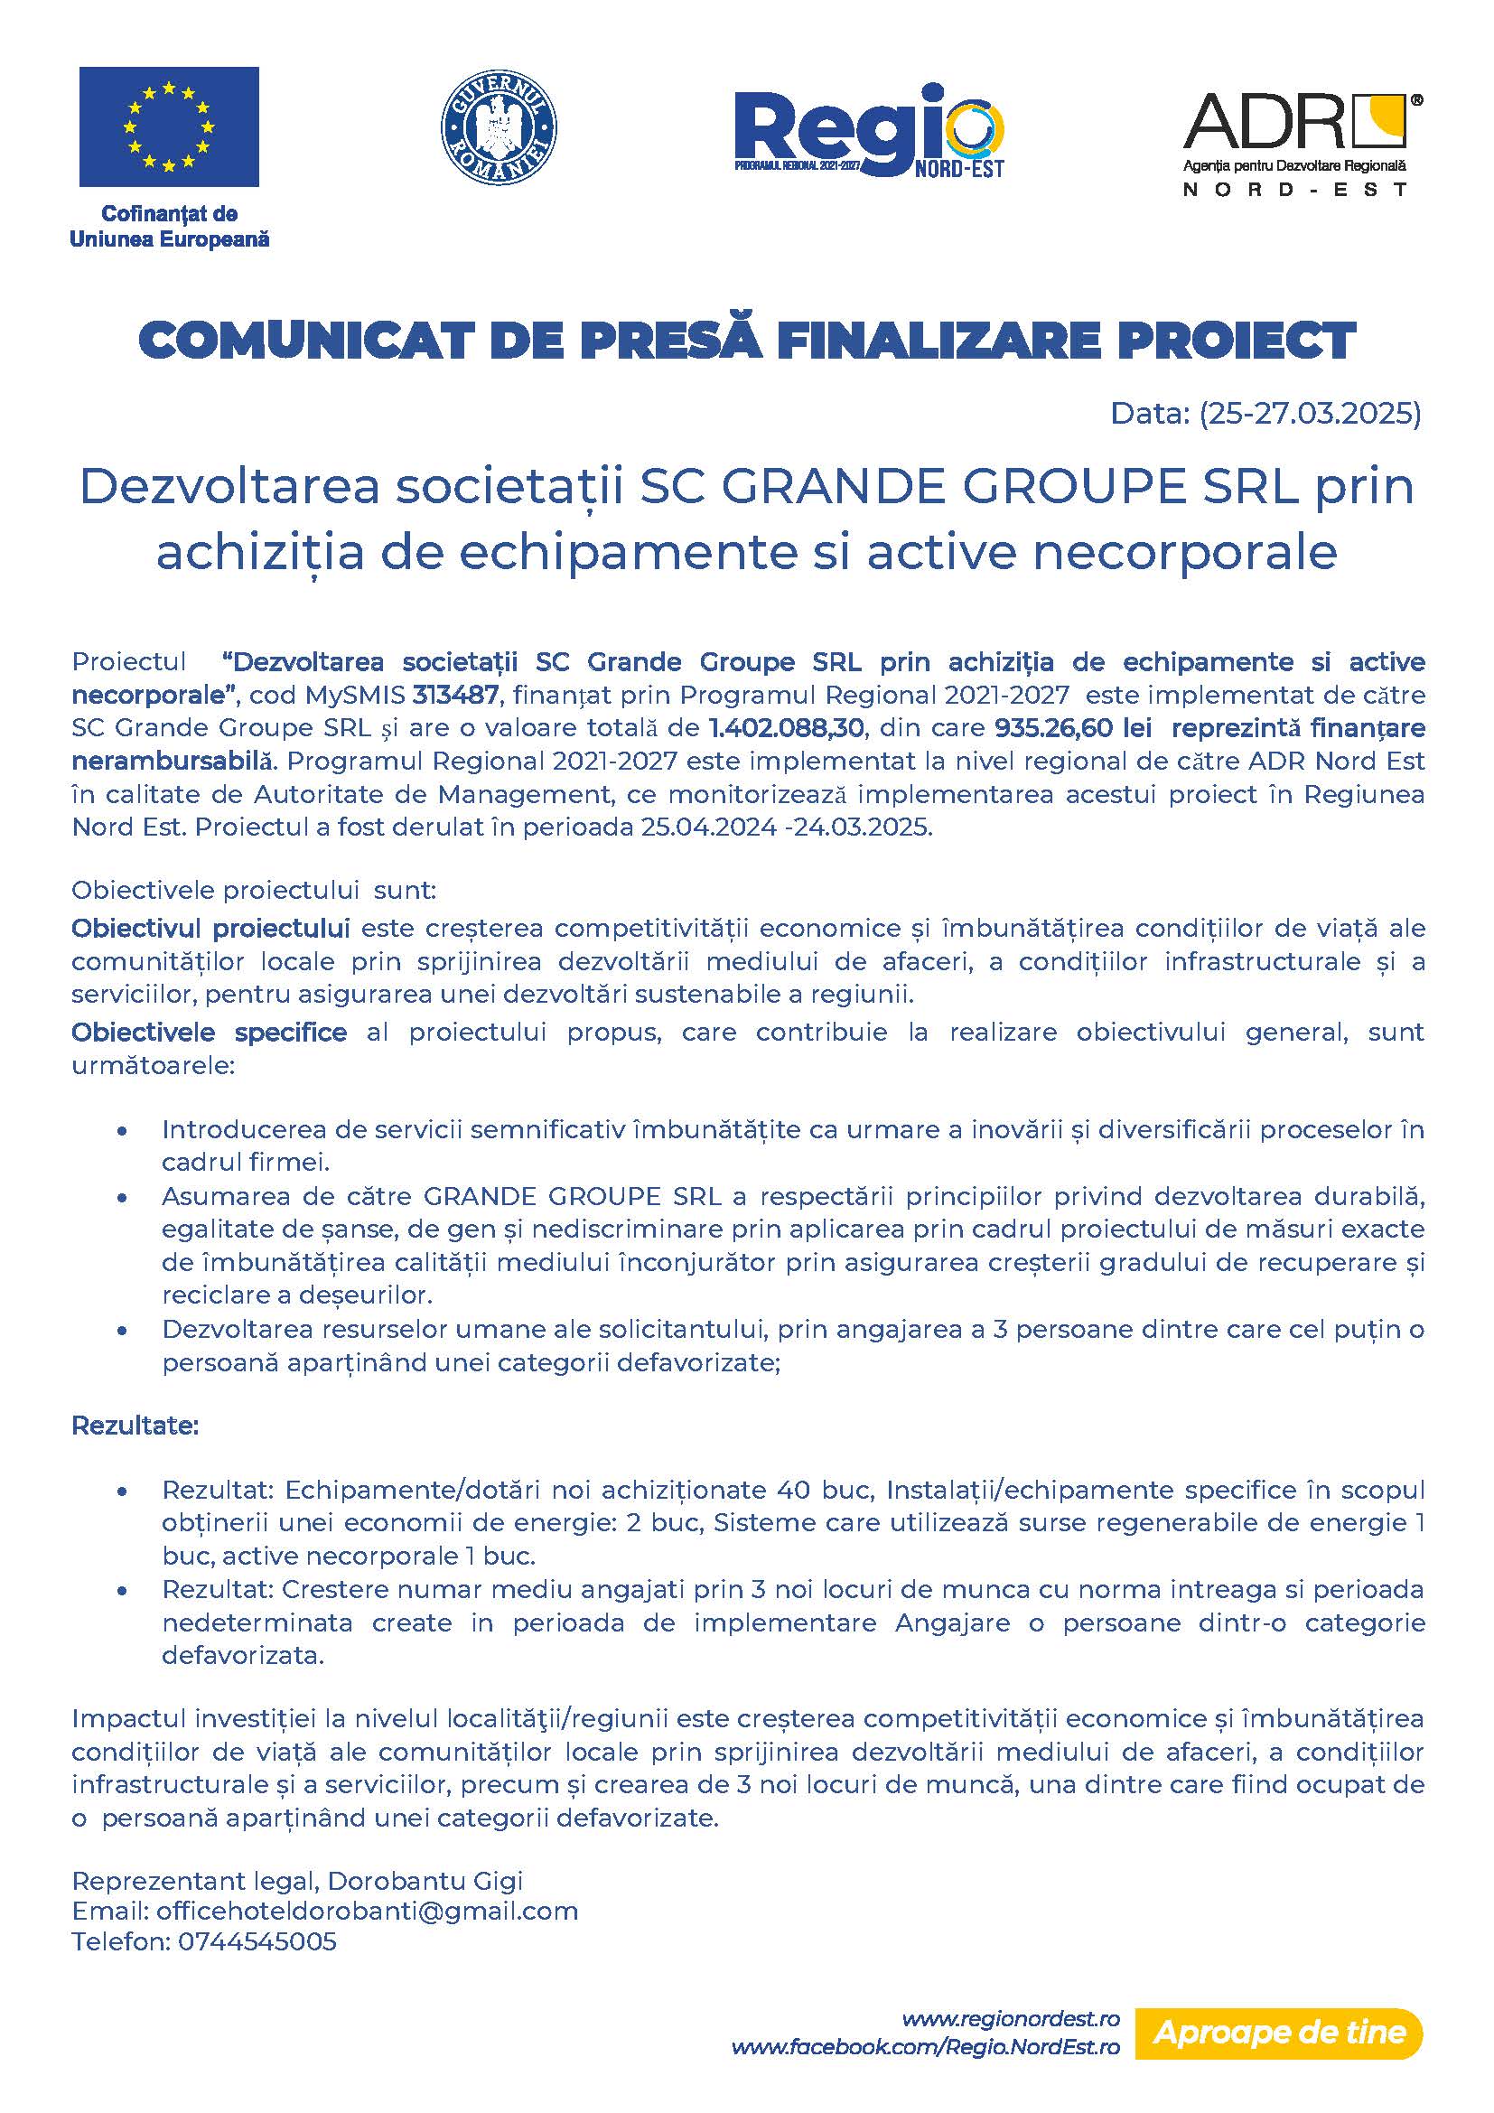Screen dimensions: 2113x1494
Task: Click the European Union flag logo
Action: click(x=168, y=126)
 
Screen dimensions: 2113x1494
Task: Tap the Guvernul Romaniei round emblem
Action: click(x=500, y=127)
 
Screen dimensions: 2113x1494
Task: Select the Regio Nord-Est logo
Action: click(x=868, y=131)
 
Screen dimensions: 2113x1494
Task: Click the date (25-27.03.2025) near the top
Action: click(x=1310, y=413)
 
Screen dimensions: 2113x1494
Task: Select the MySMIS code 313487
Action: click(x=455, y=695)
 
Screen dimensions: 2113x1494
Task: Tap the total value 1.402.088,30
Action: click(x=787, y=728)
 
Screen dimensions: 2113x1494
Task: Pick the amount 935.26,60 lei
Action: click(x=1073, y=728)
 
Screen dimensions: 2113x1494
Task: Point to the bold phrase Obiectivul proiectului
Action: click(x=210, y=928)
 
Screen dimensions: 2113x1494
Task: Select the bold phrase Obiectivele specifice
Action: click(x=209, y=1033)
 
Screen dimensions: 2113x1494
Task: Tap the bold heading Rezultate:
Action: click(x=135, y=1426)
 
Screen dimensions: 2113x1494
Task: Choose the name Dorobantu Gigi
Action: click(x=425, y=1880)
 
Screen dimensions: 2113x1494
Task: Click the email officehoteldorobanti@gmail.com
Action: click(x=367, y=1911)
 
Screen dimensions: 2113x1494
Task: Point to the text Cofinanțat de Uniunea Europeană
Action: click(x=169, y=227)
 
